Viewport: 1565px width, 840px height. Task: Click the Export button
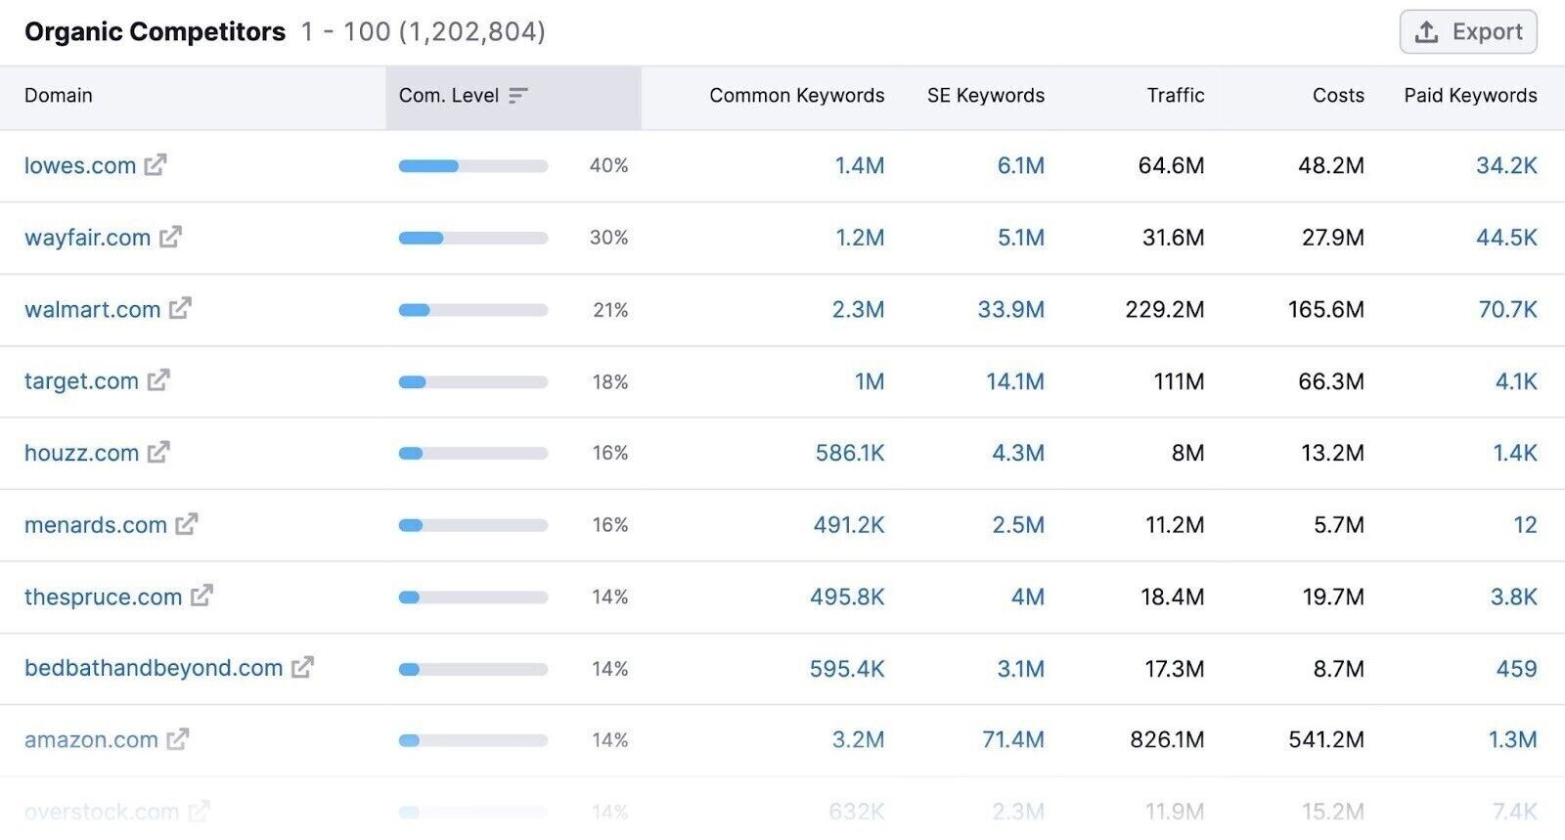tap(1467, 32)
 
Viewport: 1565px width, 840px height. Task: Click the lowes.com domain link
tap(80, 165)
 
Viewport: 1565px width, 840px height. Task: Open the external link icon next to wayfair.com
tap(170, 237)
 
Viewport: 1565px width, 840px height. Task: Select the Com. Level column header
tap(449, 96)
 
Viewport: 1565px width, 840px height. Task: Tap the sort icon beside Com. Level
tap(518, 96)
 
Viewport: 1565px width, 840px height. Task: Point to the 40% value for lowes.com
tap(608, 166)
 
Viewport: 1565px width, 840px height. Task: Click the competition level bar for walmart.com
tap(473, 310)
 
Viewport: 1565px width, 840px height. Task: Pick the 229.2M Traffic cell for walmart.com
tap(1165, 310)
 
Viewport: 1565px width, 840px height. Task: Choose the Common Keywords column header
tap(796, 96)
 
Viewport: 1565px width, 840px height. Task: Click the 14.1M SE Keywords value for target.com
tap(1014, 381)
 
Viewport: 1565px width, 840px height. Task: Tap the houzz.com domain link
tap(81, 453)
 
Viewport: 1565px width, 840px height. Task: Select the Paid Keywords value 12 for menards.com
tap(1525, 525)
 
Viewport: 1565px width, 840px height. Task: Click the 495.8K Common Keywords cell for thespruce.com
tap(847, 597)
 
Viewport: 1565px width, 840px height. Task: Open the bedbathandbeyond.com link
tap(154, 668)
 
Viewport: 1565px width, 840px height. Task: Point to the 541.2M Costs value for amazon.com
tap(1325, 740)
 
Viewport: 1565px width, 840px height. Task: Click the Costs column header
tap(1338, 96)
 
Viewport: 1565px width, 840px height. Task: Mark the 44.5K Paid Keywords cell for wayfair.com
tap(1506, 238)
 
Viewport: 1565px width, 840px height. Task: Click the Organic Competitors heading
tap(155, 32)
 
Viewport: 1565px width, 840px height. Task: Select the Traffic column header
tap(1175, 96)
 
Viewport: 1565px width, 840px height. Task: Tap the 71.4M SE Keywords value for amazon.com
tap(1012, 740)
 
